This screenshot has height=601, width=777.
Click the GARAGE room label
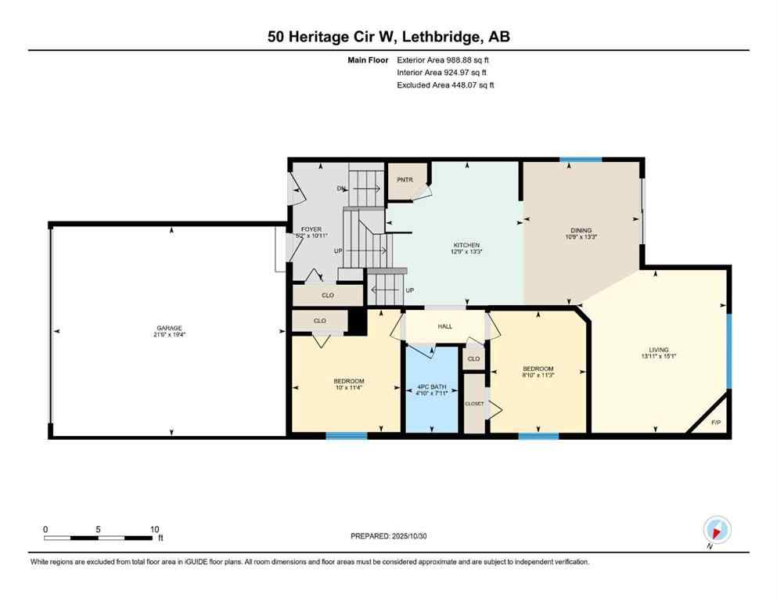pyautogui.click(x=169, y=331)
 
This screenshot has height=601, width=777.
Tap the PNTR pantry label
pyautogui.click(x=405, y=179)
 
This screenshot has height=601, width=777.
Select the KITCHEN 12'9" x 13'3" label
pyautogui.click(x=466, y=249)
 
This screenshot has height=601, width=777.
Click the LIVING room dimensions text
pyautogui.click(x=658, y=357)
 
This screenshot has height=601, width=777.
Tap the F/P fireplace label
pyautogui.click(x=715, y=423)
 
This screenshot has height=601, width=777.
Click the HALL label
pyautogui.click(x=445, y=327)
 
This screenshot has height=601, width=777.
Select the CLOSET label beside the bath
pyautogui.click(x=474, y=404)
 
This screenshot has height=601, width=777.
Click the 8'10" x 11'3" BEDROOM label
pyautogui.click(x=538, y=372)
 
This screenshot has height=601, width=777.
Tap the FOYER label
pyautogui.click(x=311, y=232)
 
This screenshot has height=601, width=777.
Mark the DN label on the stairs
pyautogui.click(x=342, y=189)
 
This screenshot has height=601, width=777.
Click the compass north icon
pyautogui.click(x=717, y=531)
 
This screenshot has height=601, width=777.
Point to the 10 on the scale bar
pyautogui.click(x=154, y=529)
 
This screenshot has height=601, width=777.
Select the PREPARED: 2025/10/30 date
pyautogui.click(x=389, y=536)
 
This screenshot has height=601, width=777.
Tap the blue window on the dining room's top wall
pyautogui.click(x=581, y=160)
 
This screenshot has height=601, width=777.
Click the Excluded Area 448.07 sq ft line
pyautogui.click(x=445, y=85)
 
